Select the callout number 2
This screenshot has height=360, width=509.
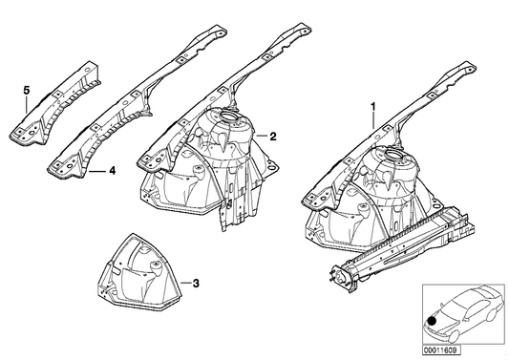click(x=272, y=137)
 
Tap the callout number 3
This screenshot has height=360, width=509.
click(x=196, y=284)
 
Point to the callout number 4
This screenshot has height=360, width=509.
click(x=112, y=172)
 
